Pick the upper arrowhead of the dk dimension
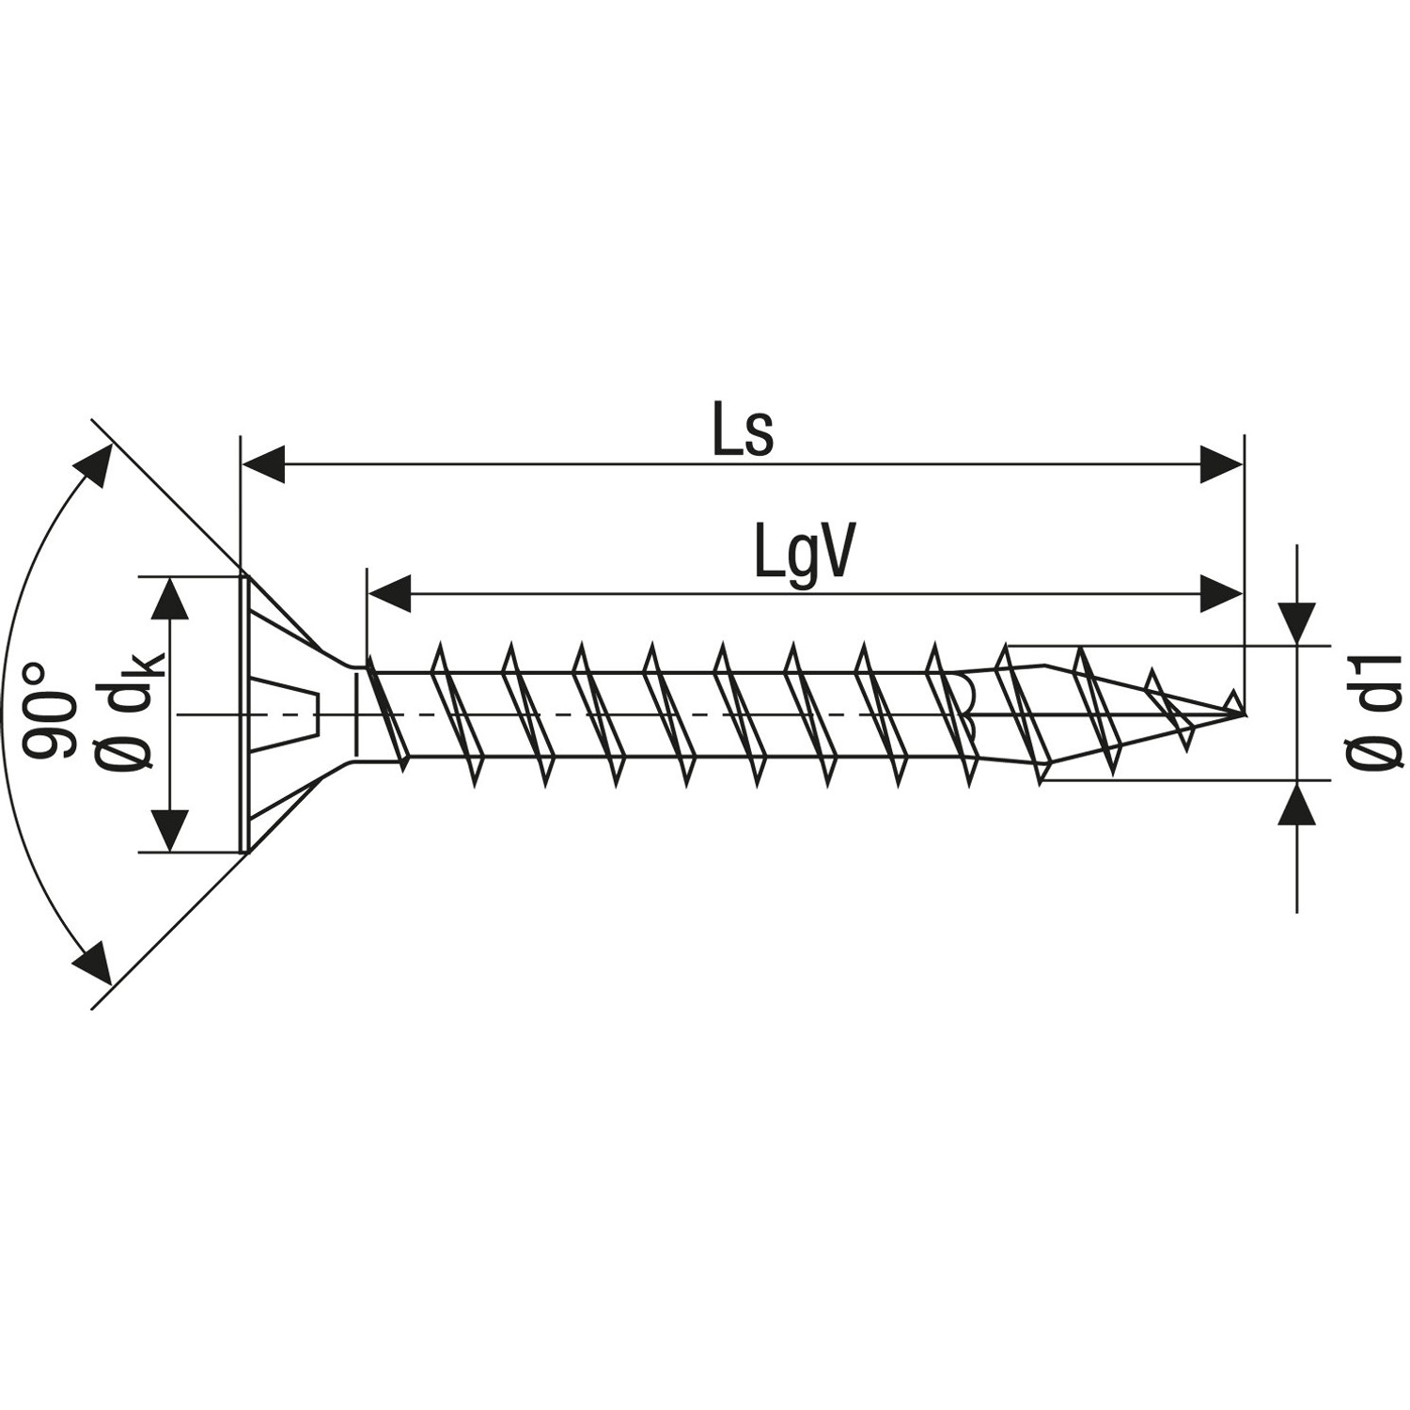pyautogui.click(x=170, y=598)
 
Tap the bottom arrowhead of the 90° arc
pyautogui.click(x=94, y=966)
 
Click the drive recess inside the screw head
pyautogui.click(x=288, y=713)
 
